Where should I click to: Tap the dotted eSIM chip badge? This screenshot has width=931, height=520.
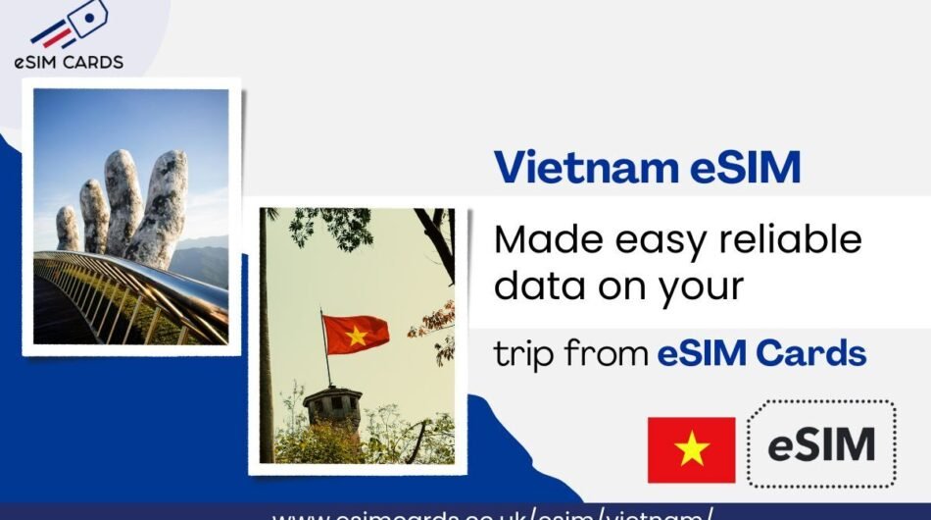tap(821, 444)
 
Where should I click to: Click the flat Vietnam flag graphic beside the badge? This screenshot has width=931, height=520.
tap(691, 449)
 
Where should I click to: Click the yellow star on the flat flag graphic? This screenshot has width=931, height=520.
tap(691, 449)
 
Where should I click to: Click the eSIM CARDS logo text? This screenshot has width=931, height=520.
tap(69, 62)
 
